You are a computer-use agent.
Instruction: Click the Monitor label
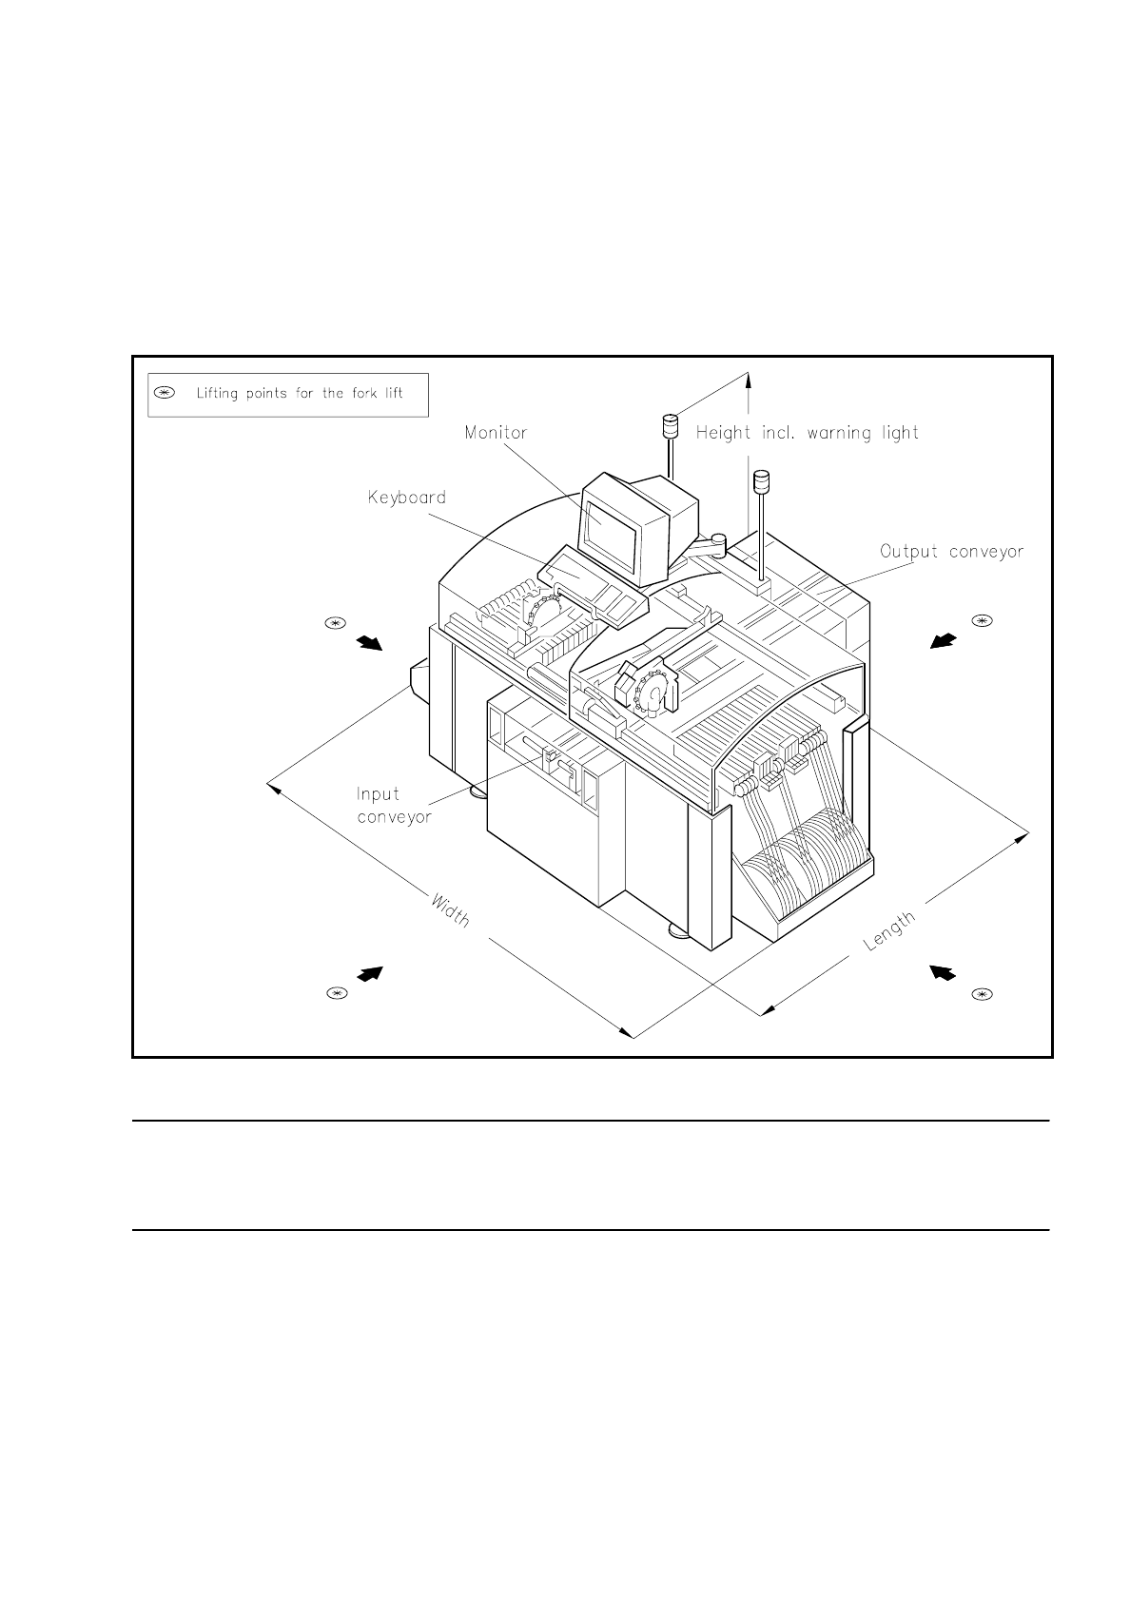496,433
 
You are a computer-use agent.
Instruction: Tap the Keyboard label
407,498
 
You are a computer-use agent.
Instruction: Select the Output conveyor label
951,552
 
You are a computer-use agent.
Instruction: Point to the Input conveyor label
393,806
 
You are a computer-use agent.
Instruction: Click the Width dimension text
451,910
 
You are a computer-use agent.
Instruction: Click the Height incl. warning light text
808,434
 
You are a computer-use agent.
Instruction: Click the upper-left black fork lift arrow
369,644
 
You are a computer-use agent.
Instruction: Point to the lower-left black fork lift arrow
369,973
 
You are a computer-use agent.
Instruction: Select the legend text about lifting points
300,393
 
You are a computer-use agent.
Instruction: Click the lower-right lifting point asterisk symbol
982,995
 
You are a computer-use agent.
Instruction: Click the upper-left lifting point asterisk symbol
334,624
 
